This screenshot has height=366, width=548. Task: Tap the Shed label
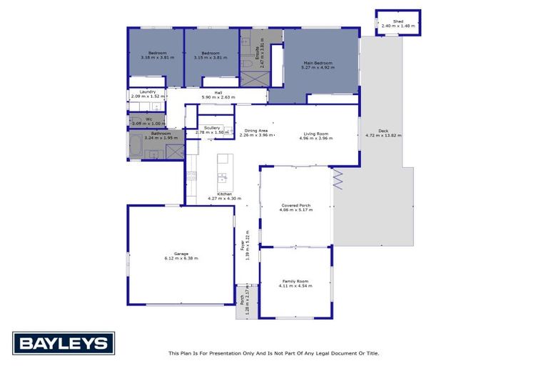(397, 21)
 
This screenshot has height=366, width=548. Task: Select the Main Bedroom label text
(318, 63)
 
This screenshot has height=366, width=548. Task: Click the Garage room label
(181, 254)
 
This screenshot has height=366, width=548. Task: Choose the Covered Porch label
(295, 205)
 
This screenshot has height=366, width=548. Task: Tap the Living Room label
(314, 134)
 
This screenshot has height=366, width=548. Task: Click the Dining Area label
(255, 131)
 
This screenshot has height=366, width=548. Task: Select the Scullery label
(211, 128)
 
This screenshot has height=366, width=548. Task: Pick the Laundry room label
(148, 91)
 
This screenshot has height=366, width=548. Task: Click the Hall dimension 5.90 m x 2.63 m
(218, 97)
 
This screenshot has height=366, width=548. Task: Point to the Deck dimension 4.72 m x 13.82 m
(383, 134)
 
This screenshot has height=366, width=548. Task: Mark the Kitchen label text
(224, 194)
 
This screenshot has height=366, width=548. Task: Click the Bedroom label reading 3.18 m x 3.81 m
(157, 56)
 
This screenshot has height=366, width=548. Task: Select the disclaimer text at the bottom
(273, 353)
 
